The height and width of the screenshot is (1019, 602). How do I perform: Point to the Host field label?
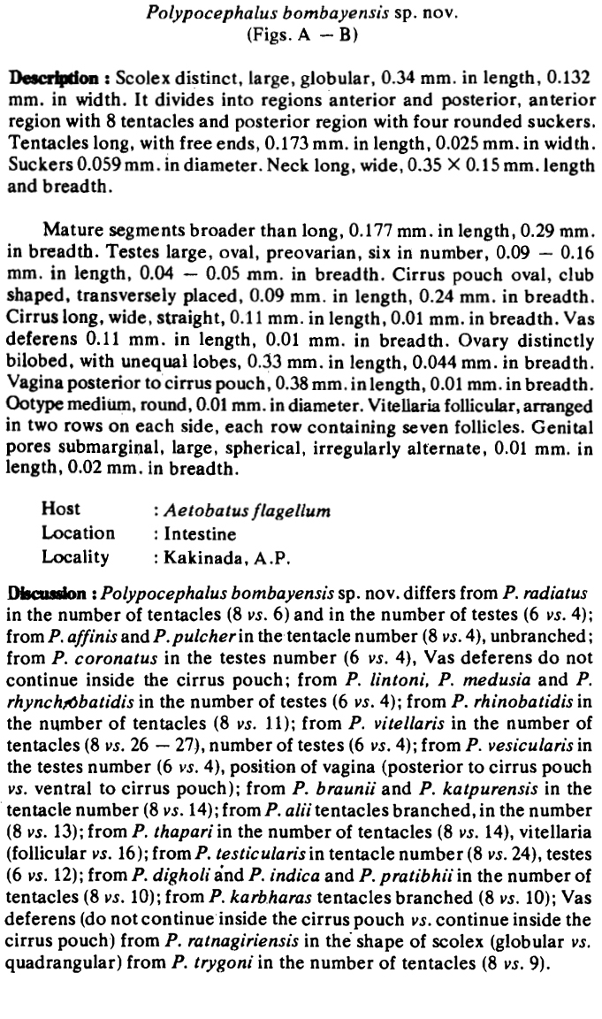pyautogui.click(x=60, y=509)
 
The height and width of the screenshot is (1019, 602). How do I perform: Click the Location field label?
pyautogui.click(x=78, y=532)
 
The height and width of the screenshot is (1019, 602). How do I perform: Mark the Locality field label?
pyautogui.click(x=75, y=557)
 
